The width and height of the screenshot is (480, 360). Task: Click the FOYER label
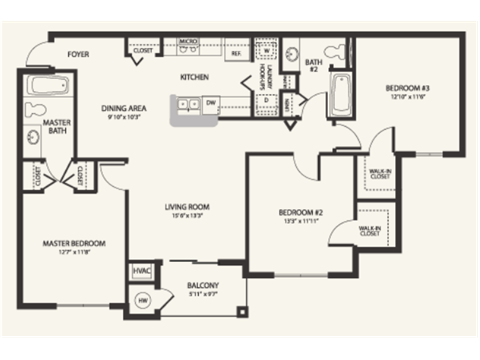pos(79,54)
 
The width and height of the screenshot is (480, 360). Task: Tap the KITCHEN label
pos(193,77)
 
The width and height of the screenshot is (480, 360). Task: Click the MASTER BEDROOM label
pos(74,243)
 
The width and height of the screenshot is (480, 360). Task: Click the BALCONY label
pos(203,286)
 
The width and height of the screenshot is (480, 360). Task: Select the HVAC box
pos(140,271)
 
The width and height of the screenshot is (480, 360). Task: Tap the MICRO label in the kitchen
pos(187,42)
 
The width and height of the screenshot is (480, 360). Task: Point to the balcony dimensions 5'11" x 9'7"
pos(203,294)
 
